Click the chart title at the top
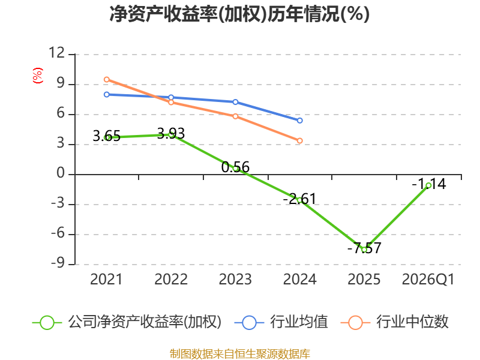pos(239,14)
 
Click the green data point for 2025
pos(364,250)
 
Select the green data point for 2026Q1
pos(428,185)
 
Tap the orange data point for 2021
pos(107,80)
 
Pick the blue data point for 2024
pos(300,121)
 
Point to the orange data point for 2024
pos(300,141)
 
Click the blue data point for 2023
pos(235,102)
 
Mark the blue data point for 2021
pos(107,95)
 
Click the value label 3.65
pos(107,136)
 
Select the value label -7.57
pos(364,248)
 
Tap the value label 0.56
pos(235,167)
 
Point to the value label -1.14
pos(429,184)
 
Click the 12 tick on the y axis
pos(57,53)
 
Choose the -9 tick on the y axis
pos(58,263)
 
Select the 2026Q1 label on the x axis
pos(428,279)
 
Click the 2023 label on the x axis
pos(235,279)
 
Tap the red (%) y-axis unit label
pos(38,76)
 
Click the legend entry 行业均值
pos(281,322)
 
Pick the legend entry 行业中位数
pos(394,322)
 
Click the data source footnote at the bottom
pos(240,353)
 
